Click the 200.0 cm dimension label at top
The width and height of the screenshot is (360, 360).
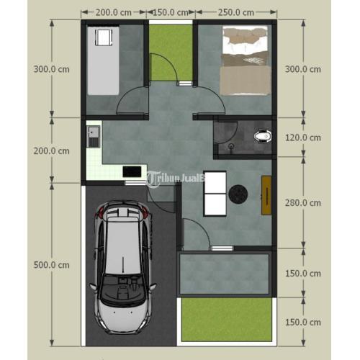click(114, 12)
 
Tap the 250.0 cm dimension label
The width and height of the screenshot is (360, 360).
click(236, 12)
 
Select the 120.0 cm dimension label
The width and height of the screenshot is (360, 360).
click(303, 138)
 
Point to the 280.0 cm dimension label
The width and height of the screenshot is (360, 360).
click(303, 203)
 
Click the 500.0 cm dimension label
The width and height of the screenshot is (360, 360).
click(52, 265)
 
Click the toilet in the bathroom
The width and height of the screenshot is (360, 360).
click(263, 136)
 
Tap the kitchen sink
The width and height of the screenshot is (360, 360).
click(93, 136)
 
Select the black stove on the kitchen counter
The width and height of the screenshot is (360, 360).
click(132, 171)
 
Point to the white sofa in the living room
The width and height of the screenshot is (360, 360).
click(215, 194)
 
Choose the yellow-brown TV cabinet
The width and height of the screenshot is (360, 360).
click(266, 195)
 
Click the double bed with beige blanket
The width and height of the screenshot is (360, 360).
click(246, 60)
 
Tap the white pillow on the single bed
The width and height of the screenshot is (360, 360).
click(104, 37)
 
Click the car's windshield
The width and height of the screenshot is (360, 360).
click(123, 288)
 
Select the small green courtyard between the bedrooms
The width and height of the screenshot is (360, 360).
click(171, 53)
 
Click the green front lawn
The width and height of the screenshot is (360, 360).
click(227, 320)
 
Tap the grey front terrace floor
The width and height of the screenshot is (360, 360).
click(224, 274)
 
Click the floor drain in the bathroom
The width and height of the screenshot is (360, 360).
click(231, 145)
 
